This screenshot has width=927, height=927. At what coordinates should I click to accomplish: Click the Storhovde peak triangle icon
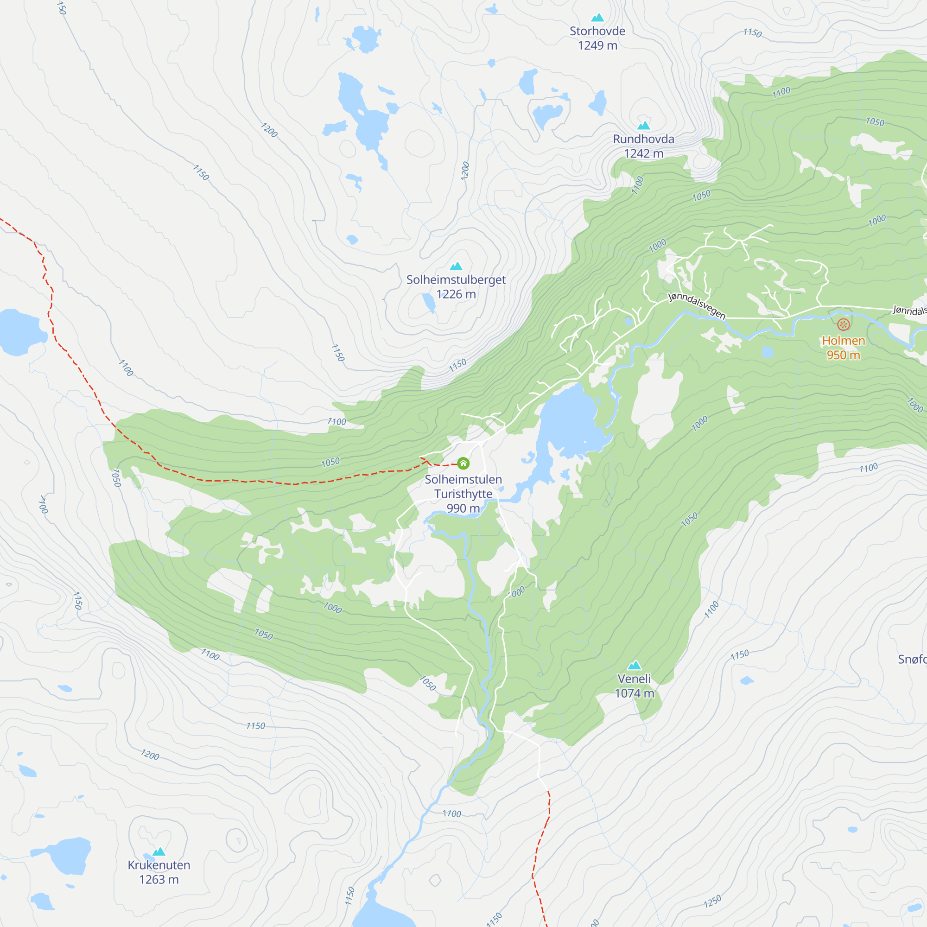(x=597, y=18)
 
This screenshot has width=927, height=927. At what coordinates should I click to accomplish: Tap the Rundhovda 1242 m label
(x=643, y=146)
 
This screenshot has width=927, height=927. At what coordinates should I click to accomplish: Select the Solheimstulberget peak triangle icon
(x=456, y=267)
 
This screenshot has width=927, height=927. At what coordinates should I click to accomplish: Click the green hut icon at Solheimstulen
(x=463, y=463)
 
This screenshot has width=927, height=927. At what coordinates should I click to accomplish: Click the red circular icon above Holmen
(x=844, y=324)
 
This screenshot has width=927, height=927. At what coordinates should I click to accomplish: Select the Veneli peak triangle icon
(x=635, y=665)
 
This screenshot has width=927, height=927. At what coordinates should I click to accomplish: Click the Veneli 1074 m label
(x=635, y=686)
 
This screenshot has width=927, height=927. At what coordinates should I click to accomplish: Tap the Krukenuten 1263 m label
(x=159, y=872)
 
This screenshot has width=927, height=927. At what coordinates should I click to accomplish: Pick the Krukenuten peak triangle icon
(x=159, y=851)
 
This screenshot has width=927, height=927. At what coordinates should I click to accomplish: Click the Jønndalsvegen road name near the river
(x=697, y=306)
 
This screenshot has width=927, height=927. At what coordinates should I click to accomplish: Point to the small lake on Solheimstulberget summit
(x=428, y=302)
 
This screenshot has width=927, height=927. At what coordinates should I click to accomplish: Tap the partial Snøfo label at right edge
(x=912, y=659)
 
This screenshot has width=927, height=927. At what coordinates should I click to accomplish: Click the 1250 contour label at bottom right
(x=712, y=902)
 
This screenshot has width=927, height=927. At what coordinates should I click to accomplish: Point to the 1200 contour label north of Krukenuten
(x=150, y=755)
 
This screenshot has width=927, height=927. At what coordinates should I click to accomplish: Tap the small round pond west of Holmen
(x=767, y=353)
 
